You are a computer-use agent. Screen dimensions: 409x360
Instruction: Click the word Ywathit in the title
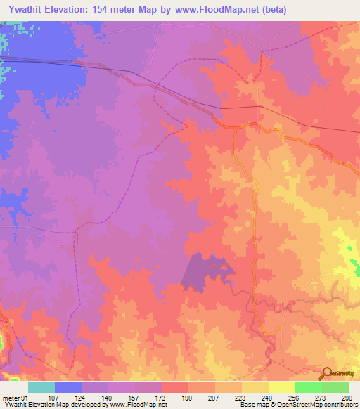click(x=24, y=10)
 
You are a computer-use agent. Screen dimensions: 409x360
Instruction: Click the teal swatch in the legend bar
click(x=41, y=388)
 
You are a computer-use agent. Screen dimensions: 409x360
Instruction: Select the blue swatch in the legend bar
click(x=68, y=388)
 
